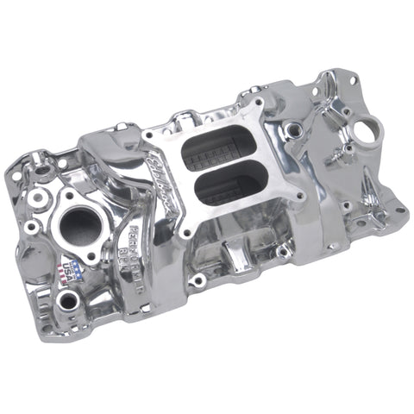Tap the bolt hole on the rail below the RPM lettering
pyautogui.click(x=198, y=280)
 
